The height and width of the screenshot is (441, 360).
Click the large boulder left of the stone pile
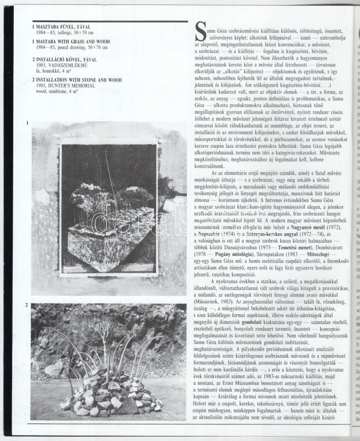click(53, 369)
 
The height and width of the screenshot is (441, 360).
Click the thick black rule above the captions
click(102, 21)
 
